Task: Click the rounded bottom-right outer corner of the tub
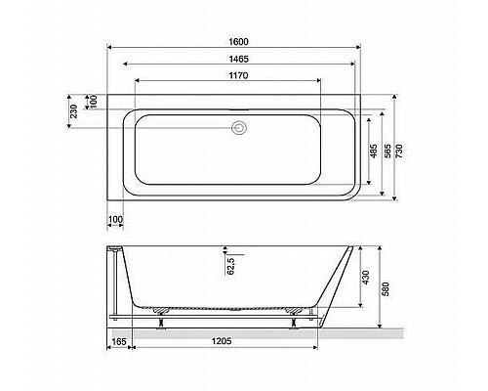tap(349, 192)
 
